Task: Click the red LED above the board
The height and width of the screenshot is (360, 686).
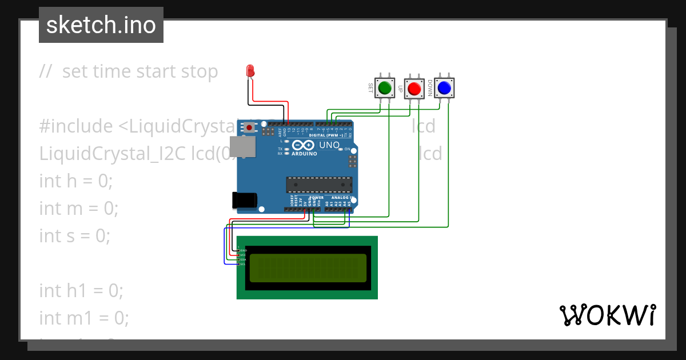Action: pos(250,71)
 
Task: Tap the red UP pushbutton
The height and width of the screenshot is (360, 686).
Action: pos(414,89)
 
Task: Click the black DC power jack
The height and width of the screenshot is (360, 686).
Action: pos(244,200)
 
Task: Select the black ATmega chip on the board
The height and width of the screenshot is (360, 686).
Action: pos(319,185)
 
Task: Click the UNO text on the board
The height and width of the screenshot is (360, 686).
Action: pos(329,145)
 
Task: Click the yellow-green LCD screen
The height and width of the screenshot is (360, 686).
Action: pos(307,268)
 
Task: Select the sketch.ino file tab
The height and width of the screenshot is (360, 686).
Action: pos(101,25)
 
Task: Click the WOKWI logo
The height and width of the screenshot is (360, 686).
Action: pos(607,315)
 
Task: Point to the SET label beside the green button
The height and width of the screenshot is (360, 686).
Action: pos(370,88)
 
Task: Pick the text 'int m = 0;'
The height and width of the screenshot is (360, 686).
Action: pos(79,208)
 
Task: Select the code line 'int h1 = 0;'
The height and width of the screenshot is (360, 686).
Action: pos(81,290)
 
